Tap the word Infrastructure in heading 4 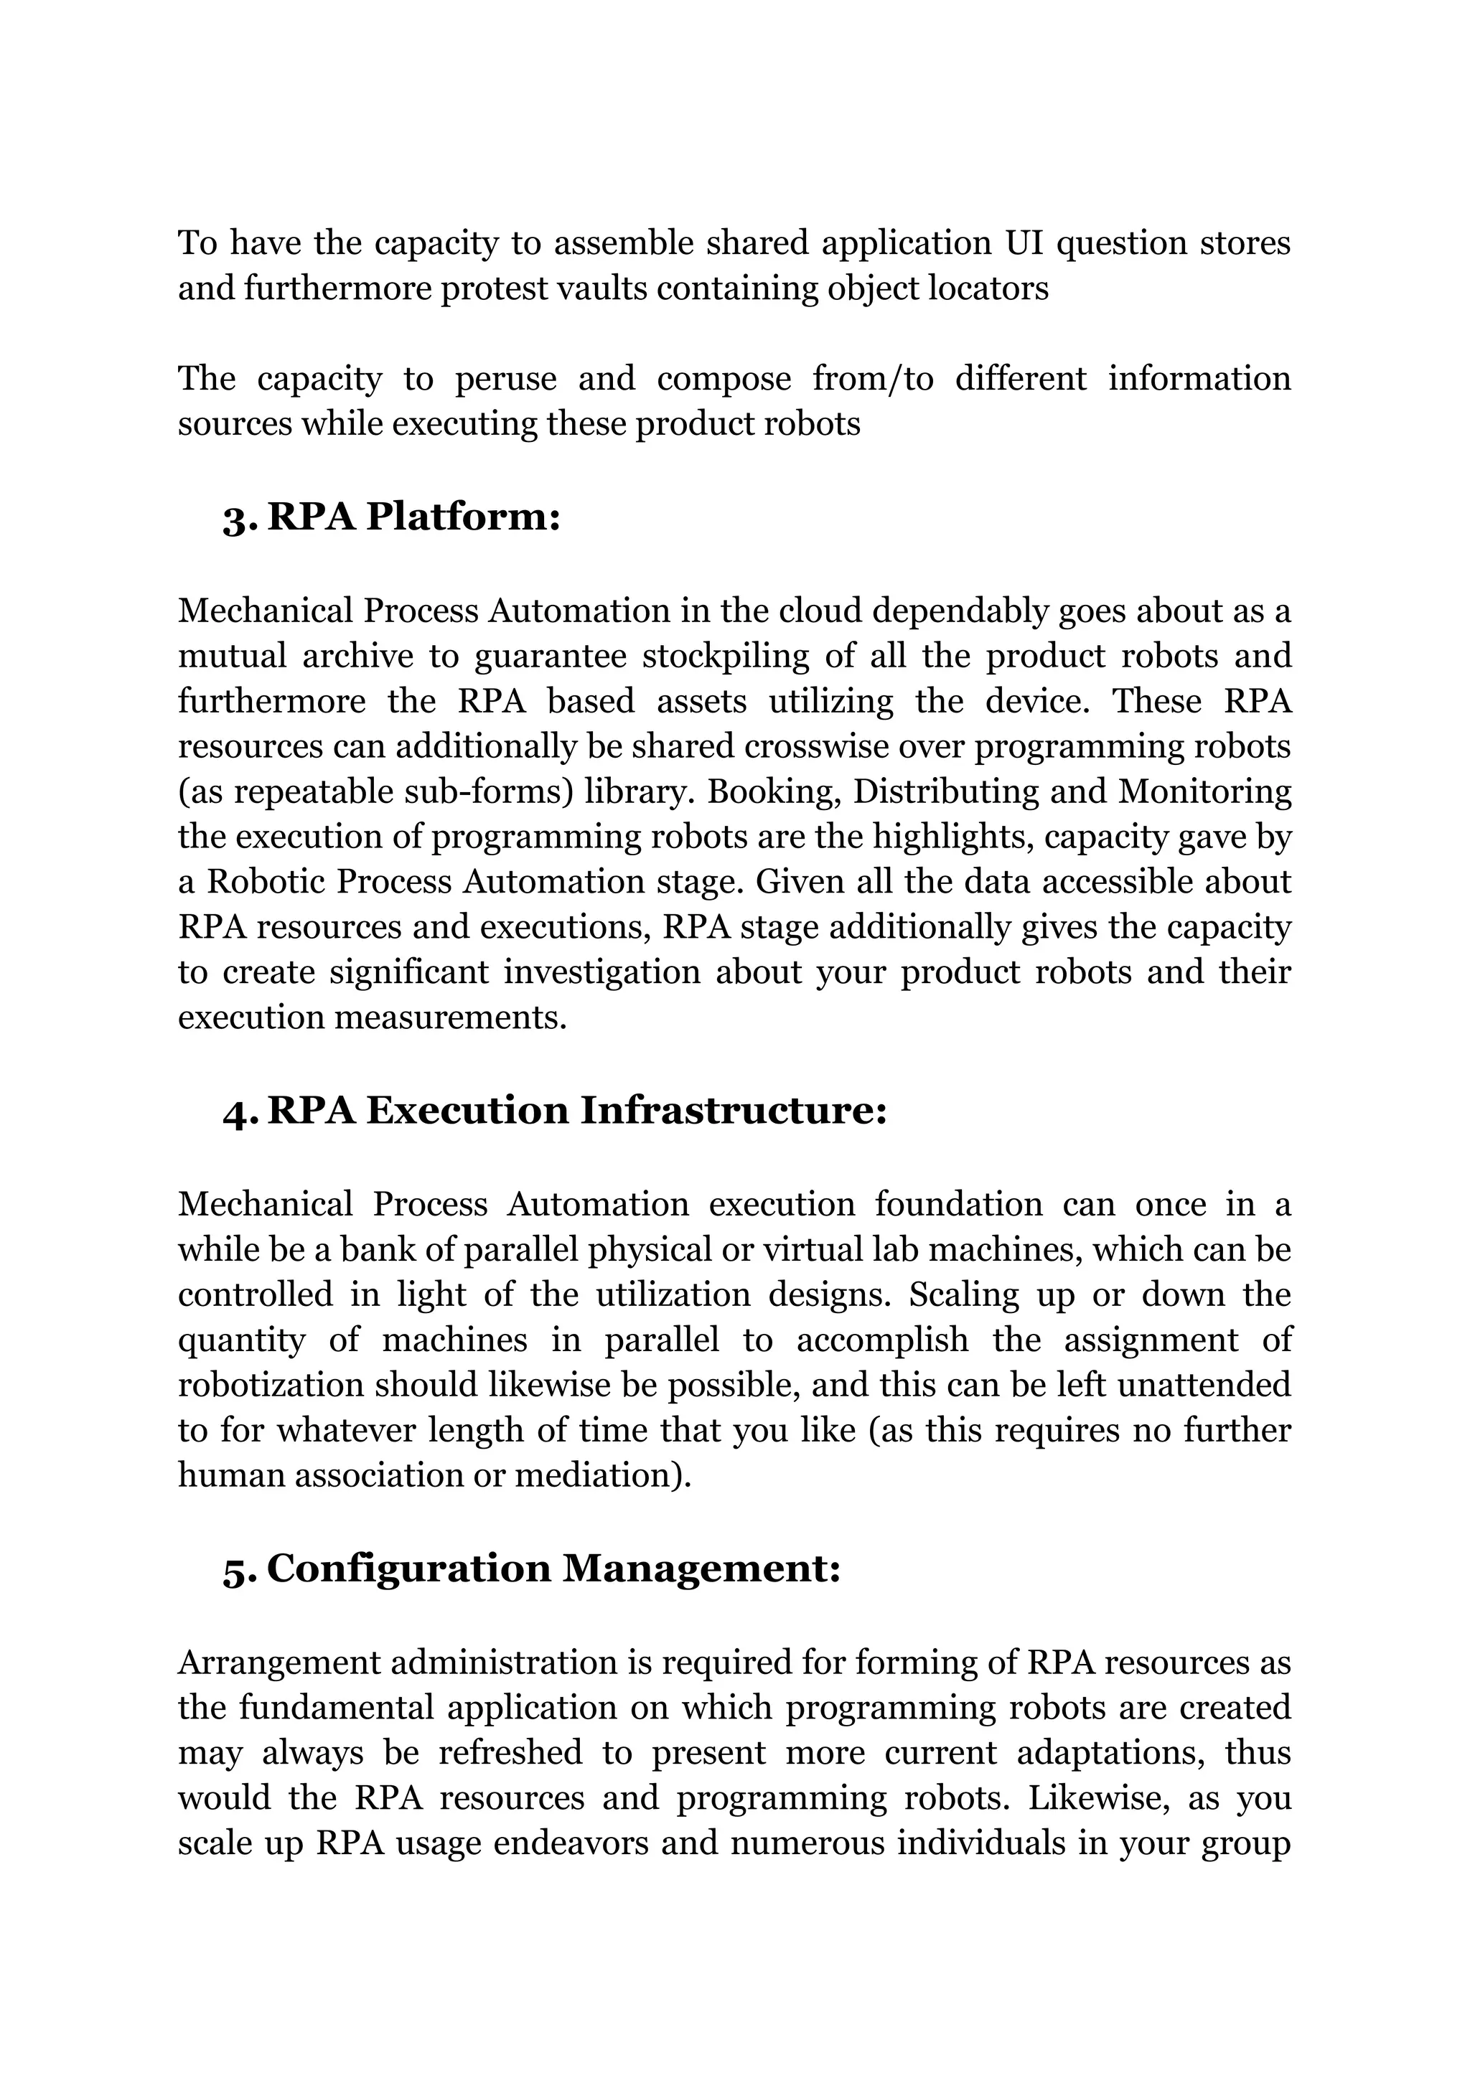732,1111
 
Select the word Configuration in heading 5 408,1569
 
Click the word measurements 451,1017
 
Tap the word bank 370,1250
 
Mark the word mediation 603,1475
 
